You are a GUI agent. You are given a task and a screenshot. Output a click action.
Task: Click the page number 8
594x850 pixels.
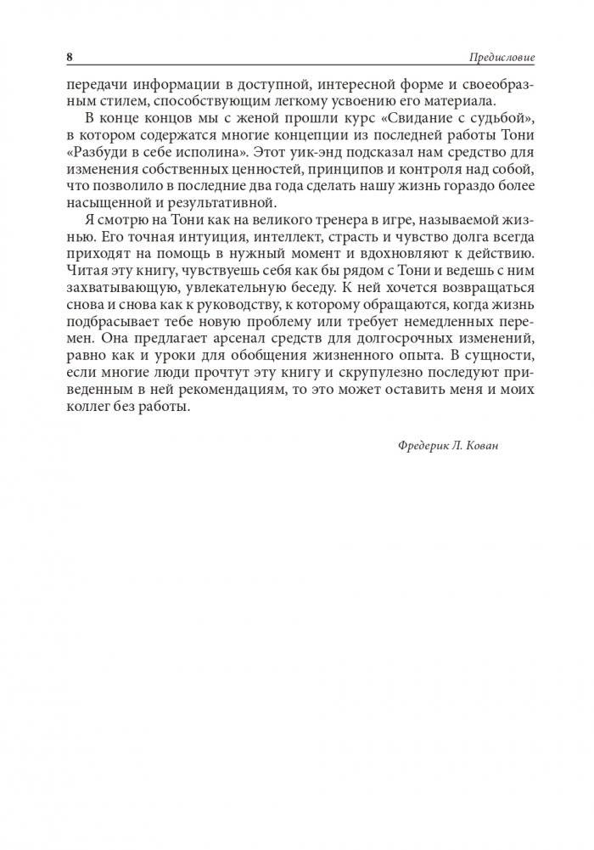[x=69, y=57]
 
